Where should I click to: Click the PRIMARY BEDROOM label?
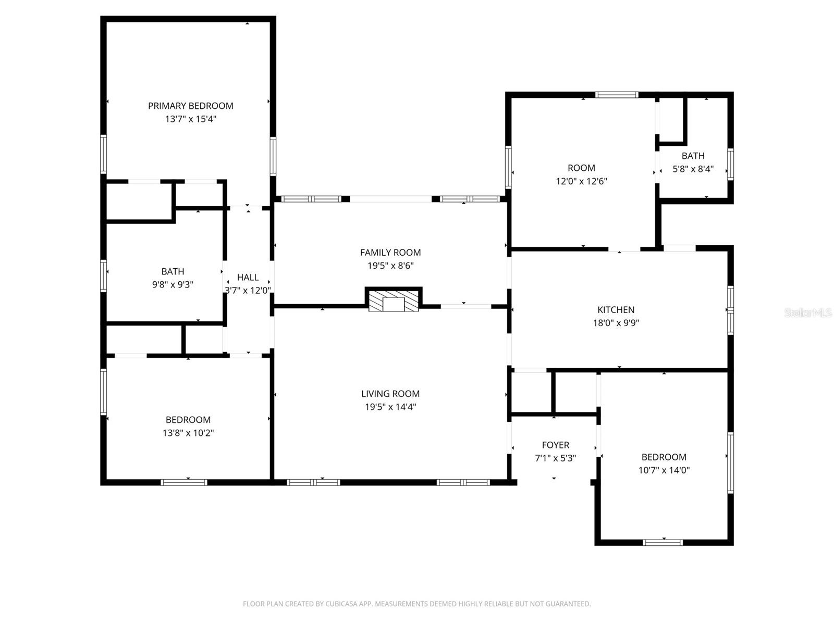(x=190, y=106)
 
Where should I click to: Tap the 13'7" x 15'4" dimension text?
(x=190, y=119)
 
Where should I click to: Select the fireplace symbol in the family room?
(x=394, y=301)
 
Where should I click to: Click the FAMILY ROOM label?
(x=390, y=253)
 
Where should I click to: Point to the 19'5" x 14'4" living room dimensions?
(x=390, y=407)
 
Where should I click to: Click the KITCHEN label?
(x=616, y=310)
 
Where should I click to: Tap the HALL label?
(x=248, y=278)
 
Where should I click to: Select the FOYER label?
(x=555, y=445)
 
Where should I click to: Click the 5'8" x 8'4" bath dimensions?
(x=693, y=169)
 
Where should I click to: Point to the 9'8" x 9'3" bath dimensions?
(x=173, y=284)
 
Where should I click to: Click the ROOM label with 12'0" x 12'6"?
(x=581, y=168)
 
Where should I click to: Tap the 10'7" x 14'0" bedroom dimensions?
(x=664, y=470)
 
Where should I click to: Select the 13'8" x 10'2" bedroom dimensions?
(x=188, y=432)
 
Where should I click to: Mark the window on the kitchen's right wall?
(x=730, y=310)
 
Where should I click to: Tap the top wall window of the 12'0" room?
(x=617, y=95)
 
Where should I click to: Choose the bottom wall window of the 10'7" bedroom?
(x=663, y=542)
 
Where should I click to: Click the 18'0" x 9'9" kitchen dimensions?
(x=616, y=322)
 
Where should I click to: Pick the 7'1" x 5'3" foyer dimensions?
(x=555, y=458)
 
